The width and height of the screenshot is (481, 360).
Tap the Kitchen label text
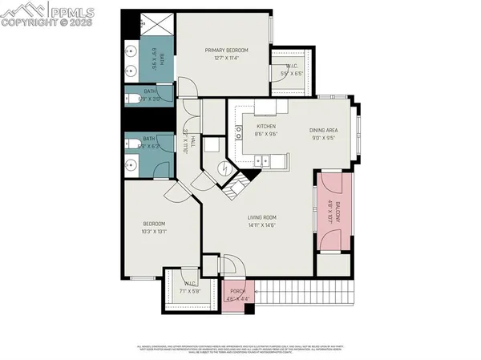pos(266,127)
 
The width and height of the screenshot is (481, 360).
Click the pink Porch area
pos(237,295)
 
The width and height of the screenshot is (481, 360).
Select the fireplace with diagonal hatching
pos(234,192)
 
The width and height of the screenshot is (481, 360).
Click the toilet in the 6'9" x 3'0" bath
pos(131,99)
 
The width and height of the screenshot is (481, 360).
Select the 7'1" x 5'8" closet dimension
pos(189,291)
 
